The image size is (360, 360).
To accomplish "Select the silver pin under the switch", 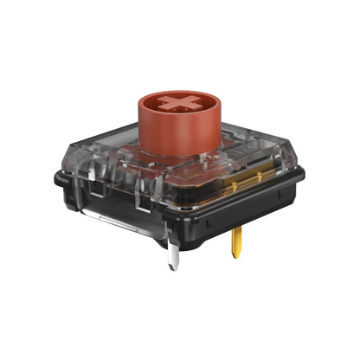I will (x=173, y=256).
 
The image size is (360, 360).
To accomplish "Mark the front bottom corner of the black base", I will (x=194, y=243).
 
